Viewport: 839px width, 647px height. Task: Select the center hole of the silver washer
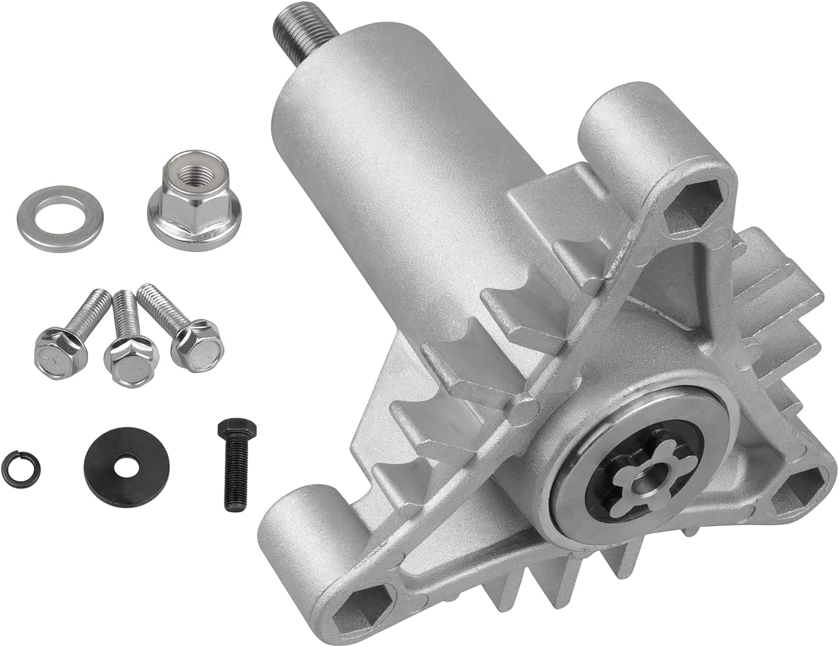point(60,217)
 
